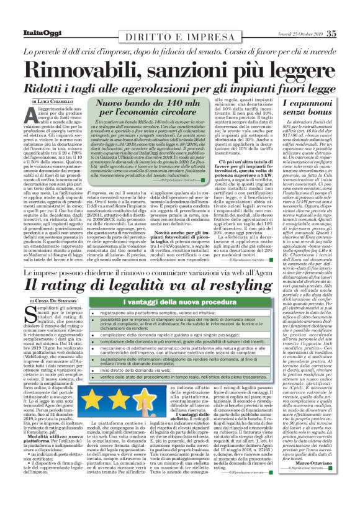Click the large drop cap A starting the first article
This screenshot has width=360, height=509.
[30, 118]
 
